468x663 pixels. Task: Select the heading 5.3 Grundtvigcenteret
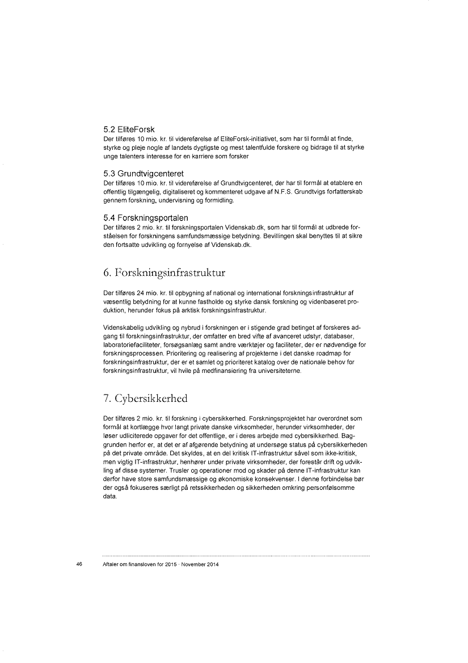pos(144,173)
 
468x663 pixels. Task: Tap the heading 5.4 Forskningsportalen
pos(146,217)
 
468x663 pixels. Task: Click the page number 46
pos(79,565)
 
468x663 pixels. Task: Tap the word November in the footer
pos(187,565)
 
